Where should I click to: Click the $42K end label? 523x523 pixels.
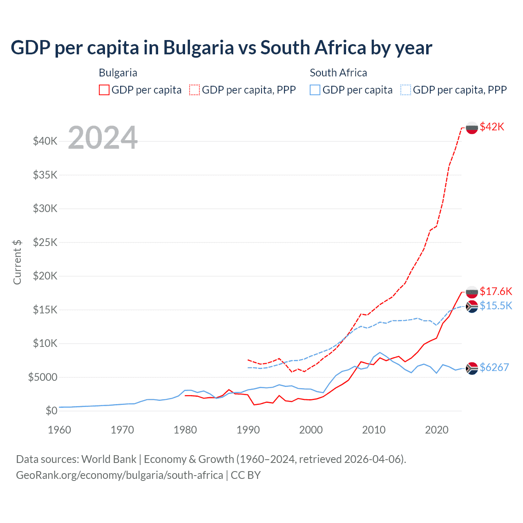(x=492, y=127)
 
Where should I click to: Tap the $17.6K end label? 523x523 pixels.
(x=496, y=291)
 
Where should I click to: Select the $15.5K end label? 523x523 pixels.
(x=496, y=306)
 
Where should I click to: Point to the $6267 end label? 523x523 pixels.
(x=494, y=367)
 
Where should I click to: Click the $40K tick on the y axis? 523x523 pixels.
(x=45, y=141)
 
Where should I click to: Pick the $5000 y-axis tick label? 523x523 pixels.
(x=43, y=377)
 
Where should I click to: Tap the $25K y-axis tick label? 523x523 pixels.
(x=45, y=242)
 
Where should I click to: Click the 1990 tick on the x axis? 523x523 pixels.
(x=248, y=430)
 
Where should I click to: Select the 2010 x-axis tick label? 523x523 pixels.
(x=374, y=430)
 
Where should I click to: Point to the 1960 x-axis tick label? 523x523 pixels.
(x=60, y=430)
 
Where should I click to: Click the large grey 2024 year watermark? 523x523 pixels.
(x=103, y=138)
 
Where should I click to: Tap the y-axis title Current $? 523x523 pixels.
(x=17, y=262)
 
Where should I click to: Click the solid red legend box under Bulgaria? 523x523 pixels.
(x=104, y=90)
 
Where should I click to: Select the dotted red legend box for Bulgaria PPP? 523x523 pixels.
(x=194, y=90)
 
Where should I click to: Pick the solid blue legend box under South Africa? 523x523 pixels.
(x=315, y=90)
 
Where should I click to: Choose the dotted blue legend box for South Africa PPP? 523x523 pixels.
(x=406, y=90)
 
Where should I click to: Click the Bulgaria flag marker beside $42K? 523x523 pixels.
(x=472, y=128)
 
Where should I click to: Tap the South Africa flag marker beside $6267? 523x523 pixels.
(x=472, y=368)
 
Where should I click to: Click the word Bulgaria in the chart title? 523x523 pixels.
(x=199, y=48)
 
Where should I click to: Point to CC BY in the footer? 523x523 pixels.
(x=246, y=475)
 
